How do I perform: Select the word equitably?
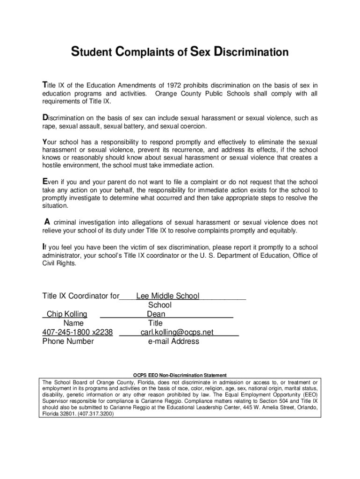tap(280, 231)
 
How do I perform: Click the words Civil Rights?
tap(58, 263)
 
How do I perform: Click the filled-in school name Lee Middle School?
tap(167, 296)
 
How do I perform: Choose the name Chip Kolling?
tap(67, 314)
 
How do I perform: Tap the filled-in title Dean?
tap(156, 314)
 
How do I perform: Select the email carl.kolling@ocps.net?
tap(177, 332)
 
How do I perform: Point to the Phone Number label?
tap(68, 341)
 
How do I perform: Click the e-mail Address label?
tap(173, 341)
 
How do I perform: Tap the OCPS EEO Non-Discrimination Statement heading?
tap(180, 375)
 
